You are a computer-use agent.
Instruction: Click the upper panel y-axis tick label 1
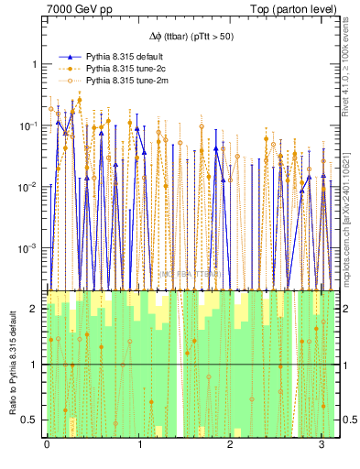[x=36, y=64]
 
